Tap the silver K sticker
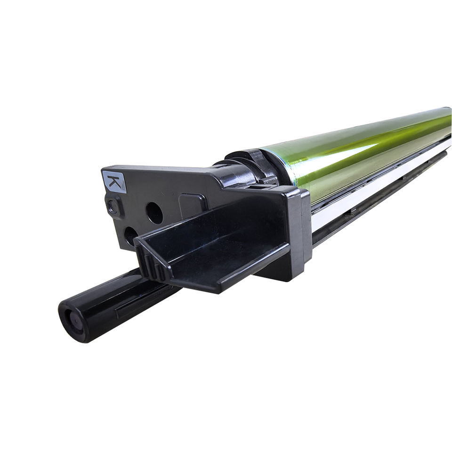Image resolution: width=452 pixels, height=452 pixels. pos(114,182)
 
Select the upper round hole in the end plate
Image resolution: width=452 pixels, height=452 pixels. pos(154,213)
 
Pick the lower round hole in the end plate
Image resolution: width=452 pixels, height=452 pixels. pos(130,236)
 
